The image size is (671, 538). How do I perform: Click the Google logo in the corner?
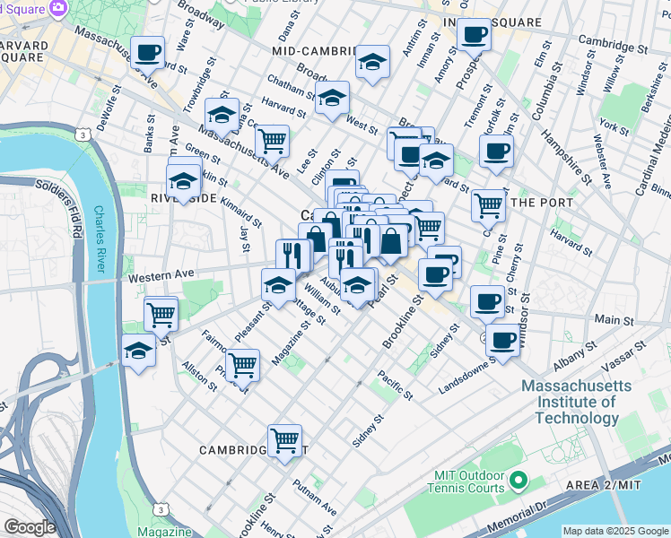(30, 527)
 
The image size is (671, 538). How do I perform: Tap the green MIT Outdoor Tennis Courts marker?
(518, 482)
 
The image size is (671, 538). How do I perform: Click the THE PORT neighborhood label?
(541, 203)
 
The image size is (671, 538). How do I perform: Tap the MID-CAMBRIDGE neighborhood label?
(311, 52)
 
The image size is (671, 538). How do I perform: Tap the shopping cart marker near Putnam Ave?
(284, 440)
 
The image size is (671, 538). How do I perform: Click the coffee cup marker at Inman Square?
(475, 35)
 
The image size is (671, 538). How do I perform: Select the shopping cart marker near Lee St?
(272, 140)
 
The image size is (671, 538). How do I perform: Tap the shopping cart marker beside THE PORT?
(489, 204)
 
